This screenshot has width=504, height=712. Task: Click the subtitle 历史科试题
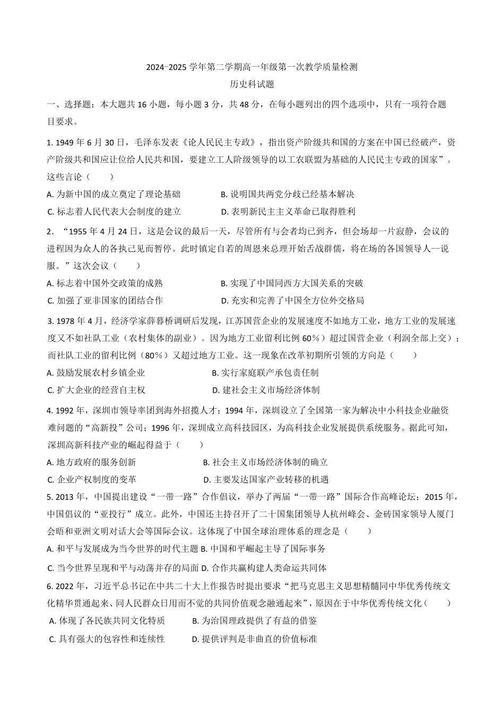tap(252, 84)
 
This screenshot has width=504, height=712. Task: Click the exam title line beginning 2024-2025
tap(252, 67)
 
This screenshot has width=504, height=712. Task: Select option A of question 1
tap(114, 194)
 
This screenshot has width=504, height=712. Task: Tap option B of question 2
tap(292, 283)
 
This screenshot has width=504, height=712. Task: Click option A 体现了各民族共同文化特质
tap(107, 620)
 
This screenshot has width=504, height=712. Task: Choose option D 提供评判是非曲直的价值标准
tap(254, 639)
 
